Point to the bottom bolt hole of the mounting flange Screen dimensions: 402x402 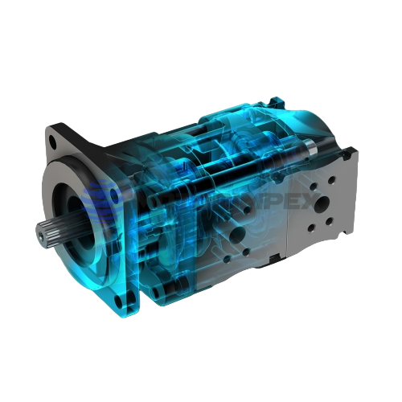pos(120,301)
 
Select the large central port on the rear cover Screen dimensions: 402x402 pos(328,200)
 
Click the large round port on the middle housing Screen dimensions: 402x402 pos(236,235)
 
